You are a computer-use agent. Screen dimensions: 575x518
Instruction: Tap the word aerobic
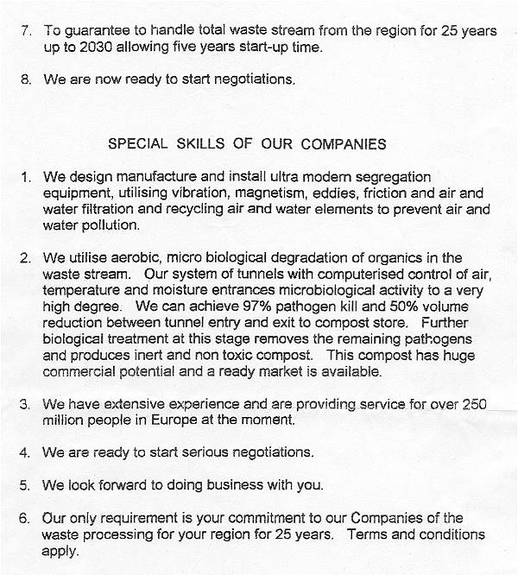pos(125,258)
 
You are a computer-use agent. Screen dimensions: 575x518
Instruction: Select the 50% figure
pos(381,307)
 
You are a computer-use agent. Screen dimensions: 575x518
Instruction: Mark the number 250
pos(477,404)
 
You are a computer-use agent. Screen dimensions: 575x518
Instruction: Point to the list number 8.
pos(26,79)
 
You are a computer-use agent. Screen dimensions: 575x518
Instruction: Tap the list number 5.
pos(26,485)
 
